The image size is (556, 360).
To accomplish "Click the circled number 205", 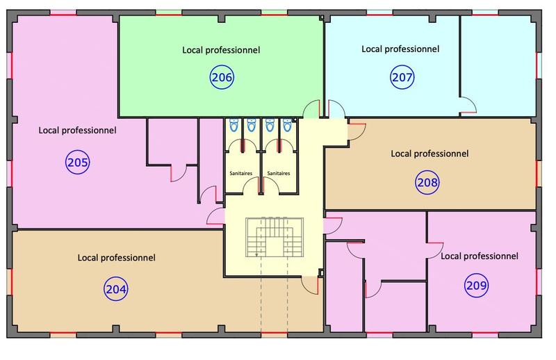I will (78, 163).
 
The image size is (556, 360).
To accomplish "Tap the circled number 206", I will (222, 78).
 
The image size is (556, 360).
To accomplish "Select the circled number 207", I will (401, 77).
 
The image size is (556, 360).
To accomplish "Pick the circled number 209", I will (478, 284).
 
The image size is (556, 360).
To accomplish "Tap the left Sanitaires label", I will (240, 173).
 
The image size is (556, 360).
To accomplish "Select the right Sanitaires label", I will (278, 173).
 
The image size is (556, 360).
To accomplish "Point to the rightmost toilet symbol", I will (286, 126).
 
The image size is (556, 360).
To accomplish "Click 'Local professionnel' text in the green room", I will (221, 50).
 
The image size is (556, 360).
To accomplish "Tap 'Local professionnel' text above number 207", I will (400, 49).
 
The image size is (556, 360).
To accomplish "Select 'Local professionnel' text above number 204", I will (116, 257).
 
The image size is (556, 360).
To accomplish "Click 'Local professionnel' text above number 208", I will (430, 153).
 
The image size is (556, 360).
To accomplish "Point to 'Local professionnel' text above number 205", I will (77, 130).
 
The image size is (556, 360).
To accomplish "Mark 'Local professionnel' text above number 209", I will (480, 256).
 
